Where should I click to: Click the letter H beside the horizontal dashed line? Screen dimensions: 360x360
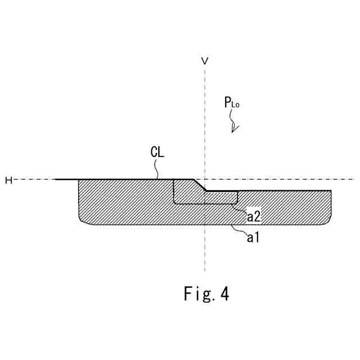pyautogui.click(x=8, y=179)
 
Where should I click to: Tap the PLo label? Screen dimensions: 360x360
pyautogui.click(x=232, y=103)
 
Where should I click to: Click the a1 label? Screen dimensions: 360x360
pyautogui.click(x=253, y=238)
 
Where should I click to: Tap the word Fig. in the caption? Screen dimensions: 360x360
pyautogui.click(x=197, y=294)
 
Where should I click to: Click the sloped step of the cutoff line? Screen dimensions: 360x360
pyautogui.click(x=200, y=185)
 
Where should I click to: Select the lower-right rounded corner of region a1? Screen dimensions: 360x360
pyautogui.click(x=327, y=221)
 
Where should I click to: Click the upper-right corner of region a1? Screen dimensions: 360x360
pyautogui.click(x=330, y=191)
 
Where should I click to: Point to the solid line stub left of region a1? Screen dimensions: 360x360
pyautogui.click(x=66, y=179)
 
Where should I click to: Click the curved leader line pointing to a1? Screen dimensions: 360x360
pyautogui.click(x=239, y=230)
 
